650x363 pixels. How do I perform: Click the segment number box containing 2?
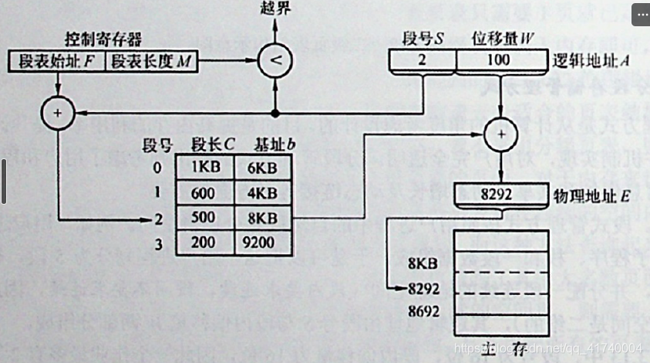coord(423,60)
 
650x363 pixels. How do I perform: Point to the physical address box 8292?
coord(500,194)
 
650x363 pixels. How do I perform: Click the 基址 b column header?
coord(270,144)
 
